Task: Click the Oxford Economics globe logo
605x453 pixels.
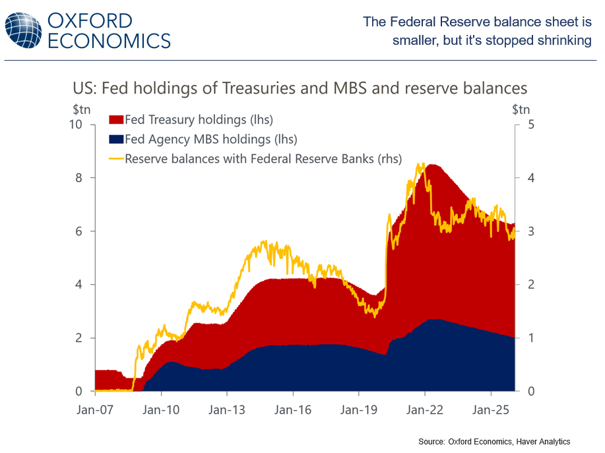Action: (x=23, y=29)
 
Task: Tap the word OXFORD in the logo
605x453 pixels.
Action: (x=90, y=20)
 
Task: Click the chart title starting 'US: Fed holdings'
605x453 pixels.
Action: (x=300, y=88)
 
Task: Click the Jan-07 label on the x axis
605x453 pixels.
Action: (x=96, y=409)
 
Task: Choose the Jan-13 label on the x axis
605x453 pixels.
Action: (x=226, y=409)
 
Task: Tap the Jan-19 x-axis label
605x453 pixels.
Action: (x=358, y=409)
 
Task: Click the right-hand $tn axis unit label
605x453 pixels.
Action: (x=521, y=109)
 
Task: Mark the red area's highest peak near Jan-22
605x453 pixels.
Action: (x=430, y=165)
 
